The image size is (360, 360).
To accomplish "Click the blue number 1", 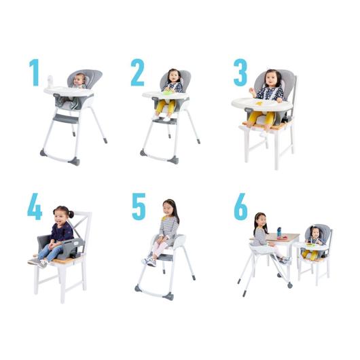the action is click(35, 73).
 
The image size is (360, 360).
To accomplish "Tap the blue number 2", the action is click(137, 72).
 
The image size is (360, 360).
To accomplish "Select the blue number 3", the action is click(240, 72).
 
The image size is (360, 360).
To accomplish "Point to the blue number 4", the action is click(35, 206).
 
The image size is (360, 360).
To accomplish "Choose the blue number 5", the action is click(139, 206).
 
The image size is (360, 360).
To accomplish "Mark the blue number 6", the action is click(241, 206).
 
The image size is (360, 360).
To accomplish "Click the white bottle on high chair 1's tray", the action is click(50, 82).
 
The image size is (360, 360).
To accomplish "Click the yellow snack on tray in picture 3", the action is click(259, 103).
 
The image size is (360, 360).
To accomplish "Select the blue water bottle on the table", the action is click(279, 232).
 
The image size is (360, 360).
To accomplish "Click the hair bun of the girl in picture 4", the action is click(71, 214).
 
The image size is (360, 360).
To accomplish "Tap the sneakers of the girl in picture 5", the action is click(149, 262).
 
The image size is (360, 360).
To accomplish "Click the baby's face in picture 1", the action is click(79, 80).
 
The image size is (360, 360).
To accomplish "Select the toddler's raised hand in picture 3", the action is click(253, 92).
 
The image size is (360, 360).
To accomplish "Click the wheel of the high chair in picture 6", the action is click(290, 285).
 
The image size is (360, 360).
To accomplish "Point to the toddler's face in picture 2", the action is click(173, 77).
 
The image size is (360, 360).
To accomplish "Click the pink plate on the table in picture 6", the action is click(282, 238).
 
